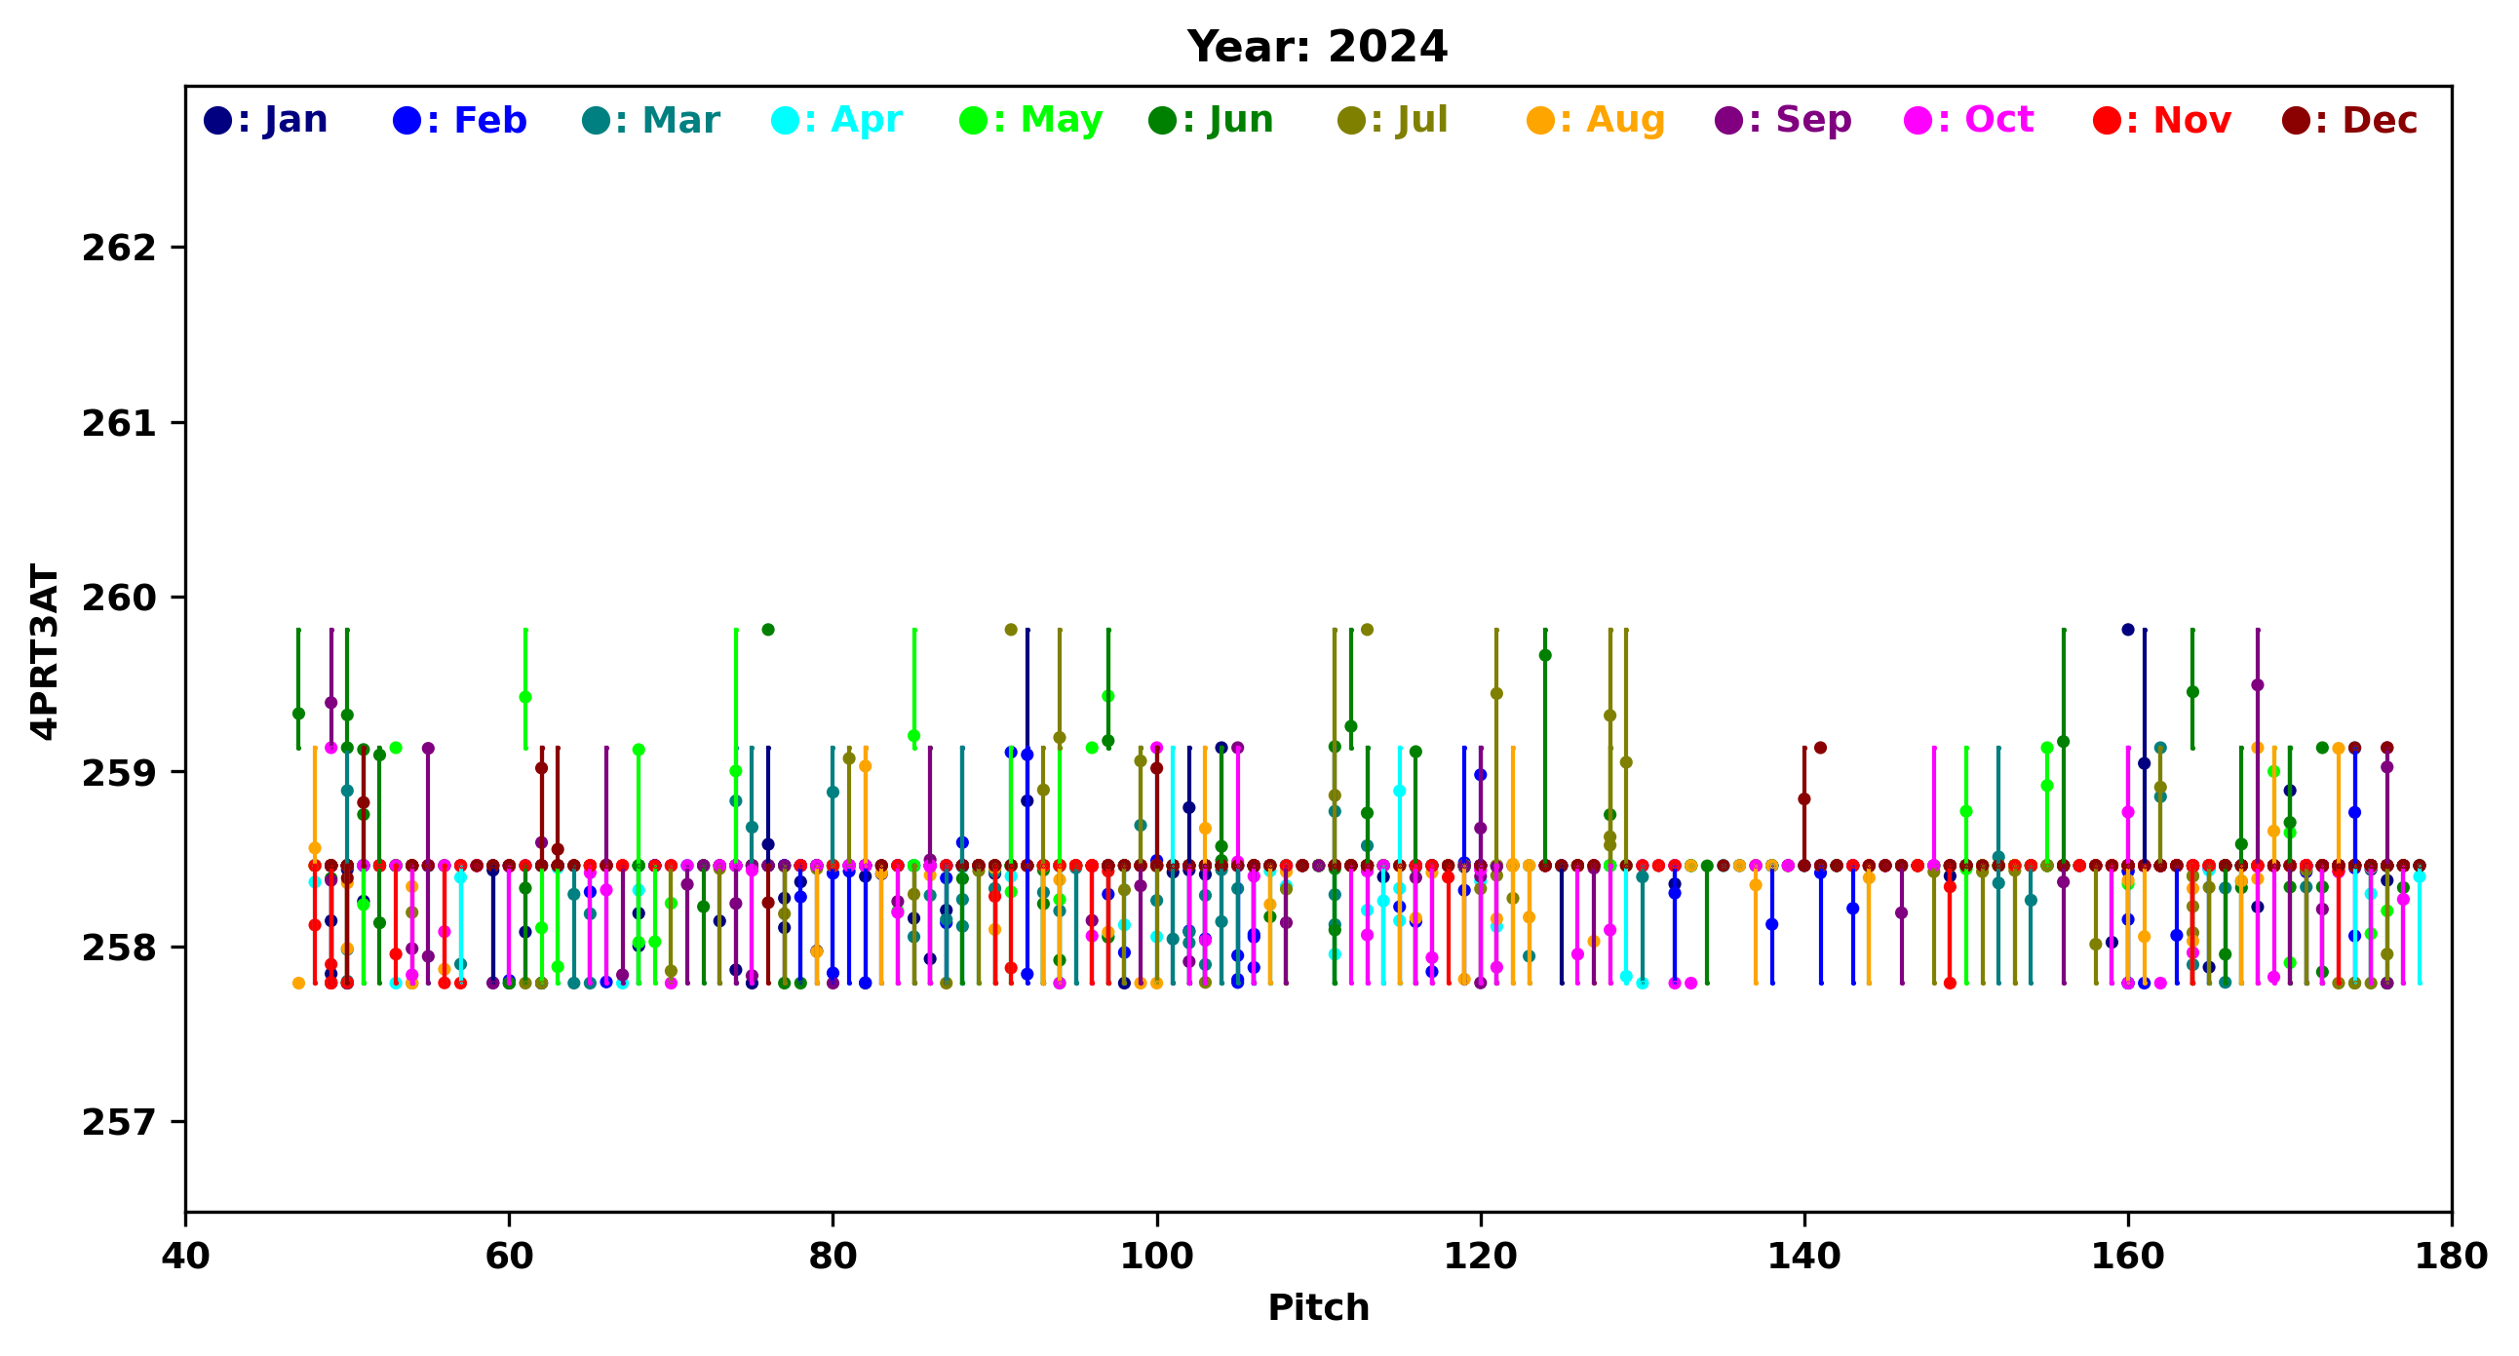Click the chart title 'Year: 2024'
pyautogui.click(x=1316, y=47)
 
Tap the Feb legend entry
pyautogui.click(x=459, y=120)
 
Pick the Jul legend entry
pyautogui.click(x=1392, y=120)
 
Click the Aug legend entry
pyautogui.click(x=1596, y=120)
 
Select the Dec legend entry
pyautogui.click(x=2350, y=120)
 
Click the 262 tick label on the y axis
pyautogui.click(x=119, y=249)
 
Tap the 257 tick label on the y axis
pyautogui.click(x=119, y=1122)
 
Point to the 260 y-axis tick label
pyautogui.click(x=119, y=599)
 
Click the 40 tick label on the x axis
pyautogui.click(x=186, y=1257)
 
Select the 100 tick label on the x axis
pyautogui.click(x=1157, y=1257)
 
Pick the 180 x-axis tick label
pyautogui.click(x=2451, y=1257)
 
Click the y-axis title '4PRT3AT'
pyautogui.click(x=45, y=651)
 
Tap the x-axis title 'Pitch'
pyautogui.click(x=1318, y=1308)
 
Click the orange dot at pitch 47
pyautogui.click(x=299, y=984)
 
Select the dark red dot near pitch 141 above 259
pyautogui.click(x=1820, y=748)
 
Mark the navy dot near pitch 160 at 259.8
pyautogui.click(x=2128, y=630)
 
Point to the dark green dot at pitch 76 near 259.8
pyautogui.click(x=768, y=630)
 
